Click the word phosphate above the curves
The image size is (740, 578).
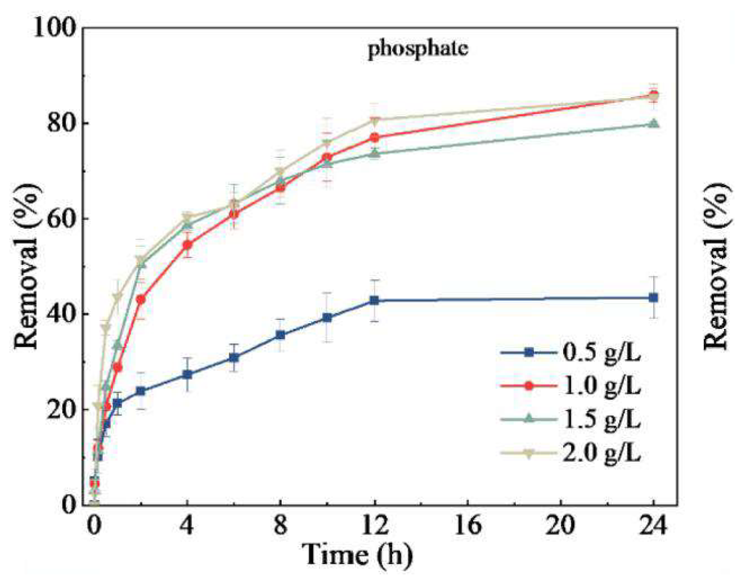point(418,49)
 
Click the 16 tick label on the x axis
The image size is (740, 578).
point(468,526)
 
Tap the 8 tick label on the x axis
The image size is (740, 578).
point(281,526)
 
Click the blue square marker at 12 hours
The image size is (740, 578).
point(374,300)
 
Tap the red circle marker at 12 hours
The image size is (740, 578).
point(374,137)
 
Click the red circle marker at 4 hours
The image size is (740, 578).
point(187,245)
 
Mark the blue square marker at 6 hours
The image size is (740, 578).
point(234,358)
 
